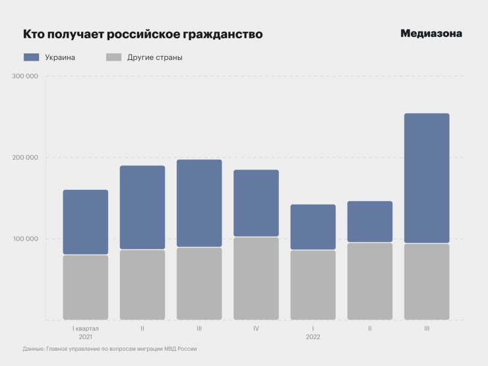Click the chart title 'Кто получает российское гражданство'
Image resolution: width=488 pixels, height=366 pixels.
click(142, 34)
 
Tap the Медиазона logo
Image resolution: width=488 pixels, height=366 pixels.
click(431, 34)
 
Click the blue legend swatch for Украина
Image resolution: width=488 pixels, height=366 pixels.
click(31, 57)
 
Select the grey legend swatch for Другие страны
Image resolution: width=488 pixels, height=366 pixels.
click(113, 57)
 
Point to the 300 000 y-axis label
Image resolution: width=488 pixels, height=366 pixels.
click(25, 76)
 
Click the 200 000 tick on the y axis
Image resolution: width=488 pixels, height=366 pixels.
click(25, 158)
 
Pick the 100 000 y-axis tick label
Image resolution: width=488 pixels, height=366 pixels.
click(25, 239)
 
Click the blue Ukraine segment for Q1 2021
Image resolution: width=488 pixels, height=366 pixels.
click(86, 222)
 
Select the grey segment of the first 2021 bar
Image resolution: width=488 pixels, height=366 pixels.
click(86, 287)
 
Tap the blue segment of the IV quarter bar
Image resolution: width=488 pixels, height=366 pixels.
click(256, 203)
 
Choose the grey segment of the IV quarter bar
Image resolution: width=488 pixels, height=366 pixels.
click(256, 278)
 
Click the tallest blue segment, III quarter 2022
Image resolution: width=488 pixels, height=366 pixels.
click(427, 178)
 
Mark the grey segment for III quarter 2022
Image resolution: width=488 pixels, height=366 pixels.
click(427, 282)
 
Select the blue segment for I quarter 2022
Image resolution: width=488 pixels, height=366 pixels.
click(313, 227)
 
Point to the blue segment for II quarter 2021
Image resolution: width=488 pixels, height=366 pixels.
click(142, 207)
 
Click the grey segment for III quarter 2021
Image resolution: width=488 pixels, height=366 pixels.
click(199, 284)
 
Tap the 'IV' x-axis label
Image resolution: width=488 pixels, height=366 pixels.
click(256, 328)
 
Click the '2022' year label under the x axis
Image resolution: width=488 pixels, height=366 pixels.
click(313, 337)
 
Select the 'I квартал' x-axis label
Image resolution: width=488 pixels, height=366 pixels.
click(86, 328)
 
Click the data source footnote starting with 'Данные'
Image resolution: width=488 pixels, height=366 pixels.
click(109, 349)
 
